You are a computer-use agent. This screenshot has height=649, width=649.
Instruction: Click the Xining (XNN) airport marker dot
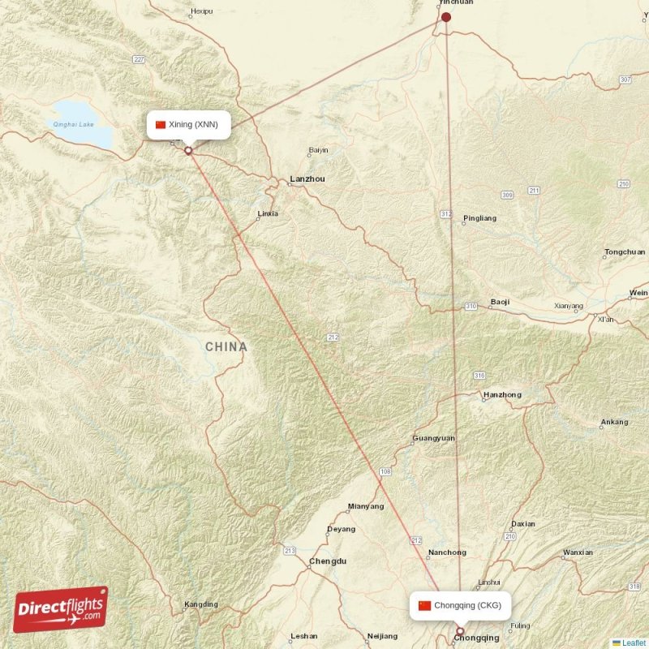(x=188, y=149)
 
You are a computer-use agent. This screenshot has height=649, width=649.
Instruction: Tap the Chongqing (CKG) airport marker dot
(x=460, y=631)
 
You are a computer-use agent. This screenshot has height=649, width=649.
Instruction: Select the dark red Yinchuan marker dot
(x=445, y=16)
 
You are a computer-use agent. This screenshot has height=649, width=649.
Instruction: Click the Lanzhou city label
(x=307, y=178)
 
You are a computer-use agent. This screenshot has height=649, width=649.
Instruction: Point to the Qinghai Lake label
(x=73, y=124)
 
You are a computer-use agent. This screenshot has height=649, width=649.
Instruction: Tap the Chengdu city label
(x=328, y=561)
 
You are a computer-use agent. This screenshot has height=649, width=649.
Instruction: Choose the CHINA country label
(x=226, y=347)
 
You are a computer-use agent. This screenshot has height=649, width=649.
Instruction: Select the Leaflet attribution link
(x=633, y=643)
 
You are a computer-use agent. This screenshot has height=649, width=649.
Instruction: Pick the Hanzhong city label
(x=502, y=395)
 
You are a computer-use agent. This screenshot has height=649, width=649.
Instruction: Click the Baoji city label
(x=501, y=303)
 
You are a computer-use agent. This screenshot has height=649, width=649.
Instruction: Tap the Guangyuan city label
(x=433, y=438)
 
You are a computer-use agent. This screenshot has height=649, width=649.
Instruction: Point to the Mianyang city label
(x=365, y=506)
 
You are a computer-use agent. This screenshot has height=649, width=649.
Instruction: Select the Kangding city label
(x=200, y=604)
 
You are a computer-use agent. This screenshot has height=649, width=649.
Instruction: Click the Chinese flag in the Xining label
(x=161, y=124)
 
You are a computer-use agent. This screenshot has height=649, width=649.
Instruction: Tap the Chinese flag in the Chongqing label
(x=424, y=605)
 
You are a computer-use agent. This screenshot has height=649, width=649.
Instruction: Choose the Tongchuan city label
(x=625, y=252)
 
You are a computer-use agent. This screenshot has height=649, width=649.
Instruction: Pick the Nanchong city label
(x=447, y=552)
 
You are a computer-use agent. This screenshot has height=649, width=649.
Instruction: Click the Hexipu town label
(x=201, y=12)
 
